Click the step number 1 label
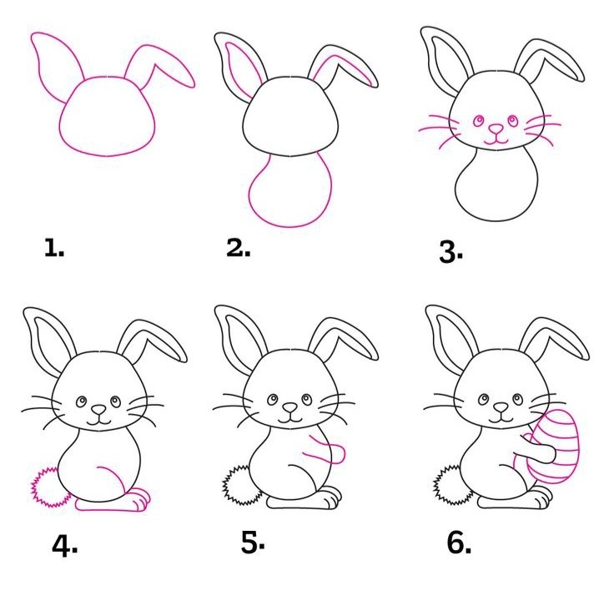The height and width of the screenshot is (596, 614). coord(54,248)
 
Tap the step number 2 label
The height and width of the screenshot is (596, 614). coord(239,247)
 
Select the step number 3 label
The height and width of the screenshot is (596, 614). coord(451,251)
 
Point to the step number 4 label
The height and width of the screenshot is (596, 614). coord(64,545)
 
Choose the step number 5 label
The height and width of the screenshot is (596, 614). coord(253,543)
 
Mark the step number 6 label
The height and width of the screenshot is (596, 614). coord(459,543)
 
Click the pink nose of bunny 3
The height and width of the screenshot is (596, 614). coord(496,129)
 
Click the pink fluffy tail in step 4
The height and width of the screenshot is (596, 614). coord(49,487)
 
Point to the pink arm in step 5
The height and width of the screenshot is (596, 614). coord(325,450)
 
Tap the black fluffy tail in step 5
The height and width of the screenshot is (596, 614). coord(241,485)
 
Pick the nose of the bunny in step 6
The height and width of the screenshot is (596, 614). coord(501,408)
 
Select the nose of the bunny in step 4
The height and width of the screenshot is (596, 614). coord(98,410)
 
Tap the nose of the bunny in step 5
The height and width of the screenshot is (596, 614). coord(290,407)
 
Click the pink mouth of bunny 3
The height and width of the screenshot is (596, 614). coord(496,140)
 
